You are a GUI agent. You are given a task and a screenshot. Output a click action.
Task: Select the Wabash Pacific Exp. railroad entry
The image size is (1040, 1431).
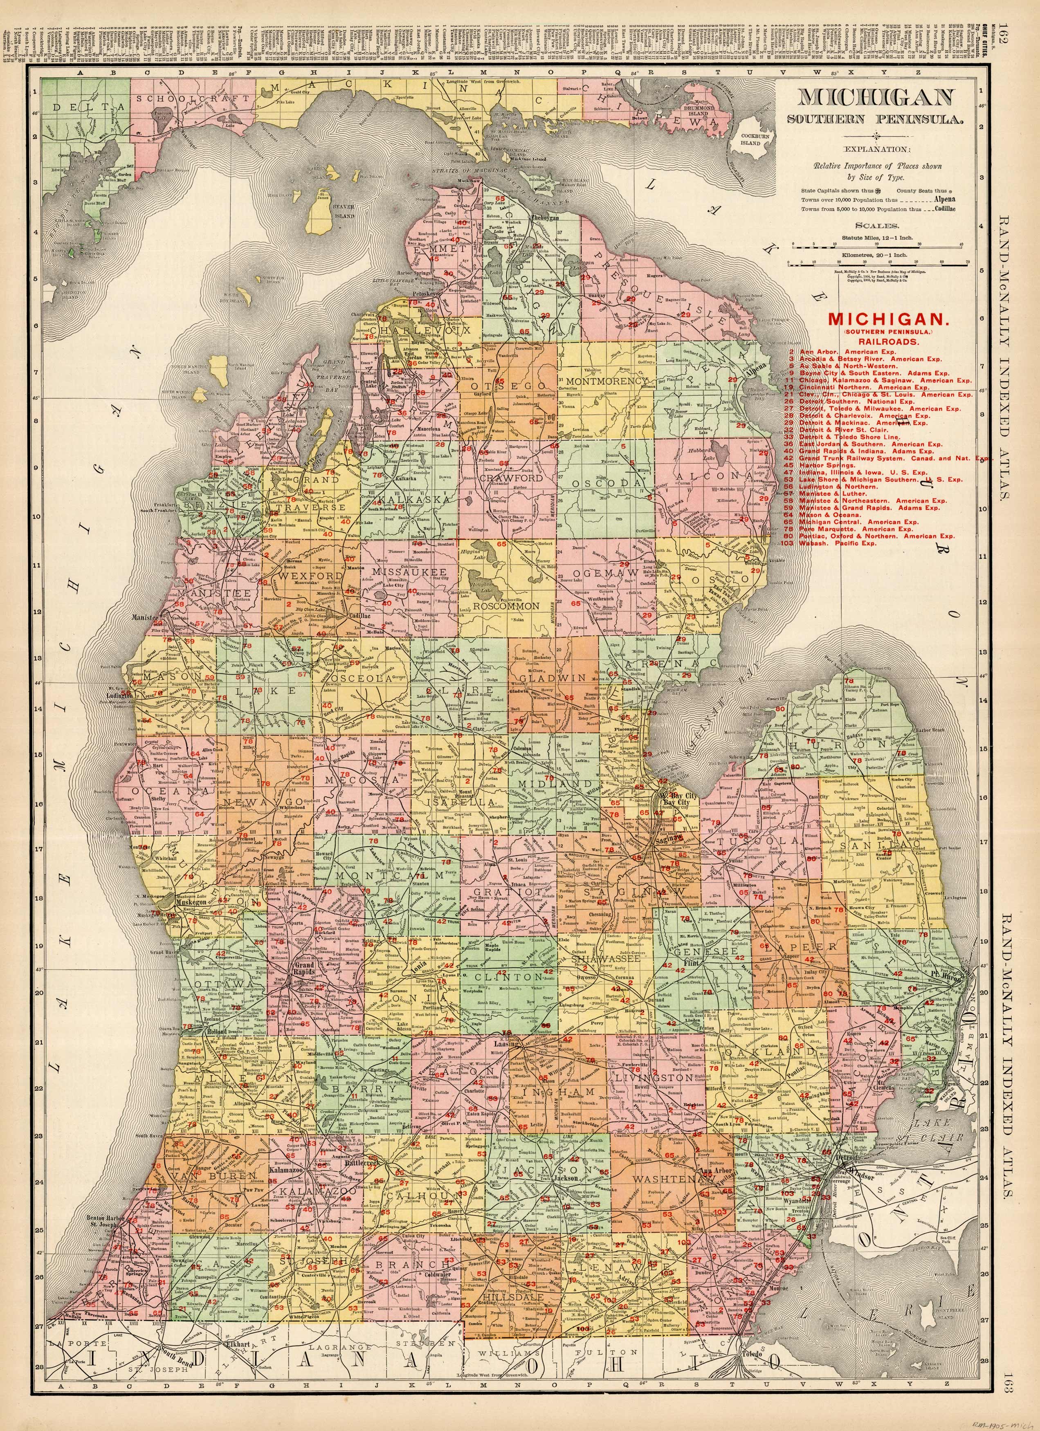coord(839,543)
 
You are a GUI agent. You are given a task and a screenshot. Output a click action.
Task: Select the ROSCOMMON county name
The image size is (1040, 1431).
coord(506,605)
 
